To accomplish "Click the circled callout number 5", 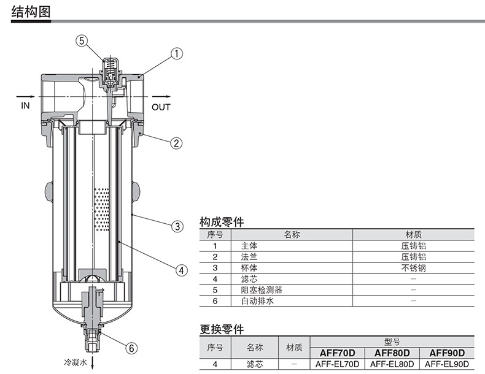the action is [x=82, y=40].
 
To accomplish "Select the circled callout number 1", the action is [x=177, y=54].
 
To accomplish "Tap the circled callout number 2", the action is [x=177, y=143].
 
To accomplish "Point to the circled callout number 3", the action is [x=177, y=226].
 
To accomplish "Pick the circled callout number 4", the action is [x=182, y=270].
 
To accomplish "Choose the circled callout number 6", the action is [x=131, y=348].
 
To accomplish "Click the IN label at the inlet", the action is [x=25, y=105].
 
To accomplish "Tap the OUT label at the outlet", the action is [x=161, y=107].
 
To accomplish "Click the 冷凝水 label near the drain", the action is [x=76, y=362].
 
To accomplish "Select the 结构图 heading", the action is [x=31, y=12].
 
